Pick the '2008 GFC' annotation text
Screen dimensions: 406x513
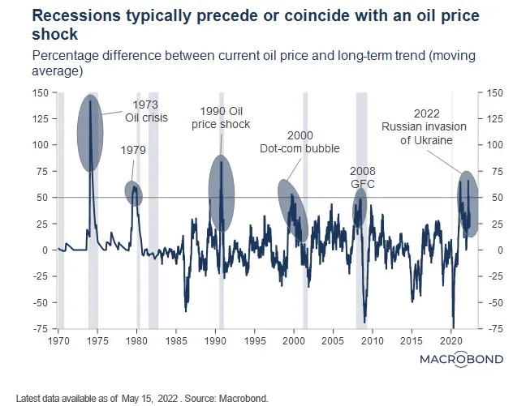362,177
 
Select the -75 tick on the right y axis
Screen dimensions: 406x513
492,329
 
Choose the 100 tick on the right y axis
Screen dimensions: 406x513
492,146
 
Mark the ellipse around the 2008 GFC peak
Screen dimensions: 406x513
360,210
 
